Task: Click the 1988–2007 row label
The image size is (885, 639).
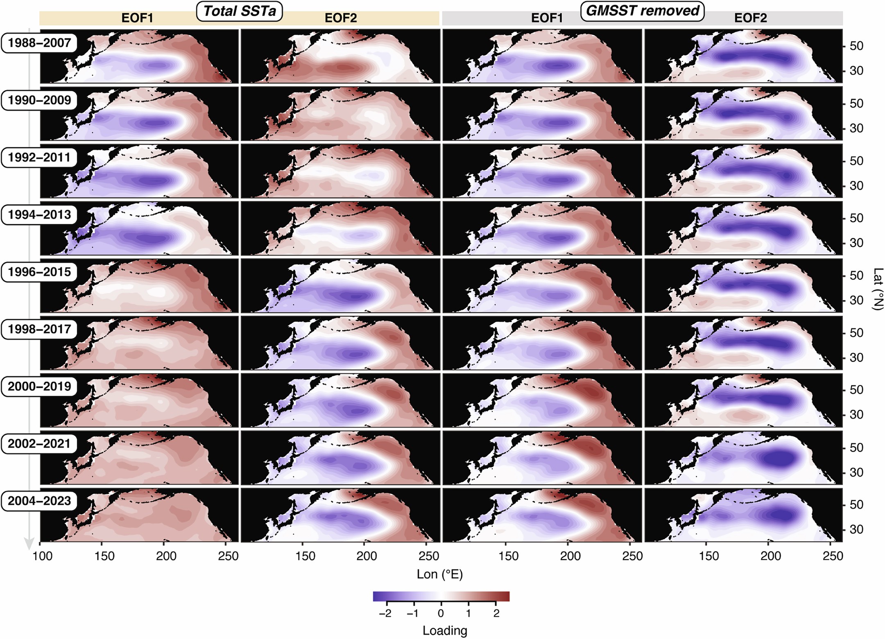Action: (x=39, y=43)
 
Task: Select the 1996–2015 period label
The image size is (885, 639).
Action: (x=39, y=272)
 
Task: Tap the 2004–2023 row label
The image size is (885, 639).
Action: (x=39, y=501)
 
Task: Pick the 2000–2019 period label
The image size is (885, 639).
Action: (x=39, y=387)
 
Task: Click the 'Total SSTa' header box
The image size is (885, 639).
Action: (x=240, y=11)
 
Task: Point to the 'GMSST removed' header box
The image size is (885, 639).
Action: (x=642, y=11)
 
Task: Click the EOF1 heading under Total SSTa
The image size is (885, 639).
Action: (x=137, y=18)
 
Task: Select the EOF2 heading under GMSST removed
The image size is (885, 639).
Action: (x=750, y=18)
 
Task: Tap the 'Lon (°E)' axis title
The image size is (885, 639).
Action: (x=440, y=574)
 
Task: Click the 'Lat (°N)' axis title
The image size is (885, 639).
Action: (x=877, y=288)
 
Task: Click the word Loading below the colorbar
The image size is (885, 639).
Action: (x=445, y=630)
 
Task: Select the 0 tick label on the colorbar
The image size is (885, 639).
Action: (x=441, y=614)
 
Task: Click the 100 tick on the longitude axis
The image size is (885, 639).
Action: (x=43, y=556)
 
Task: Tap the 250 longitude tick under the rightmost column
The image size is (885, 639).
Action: (x=832, y=556)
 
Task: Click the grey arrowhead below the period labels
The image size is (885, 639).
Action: (x=29, y=544)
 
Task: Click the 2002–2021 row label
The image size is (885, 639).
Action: (x=39, y=444)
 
